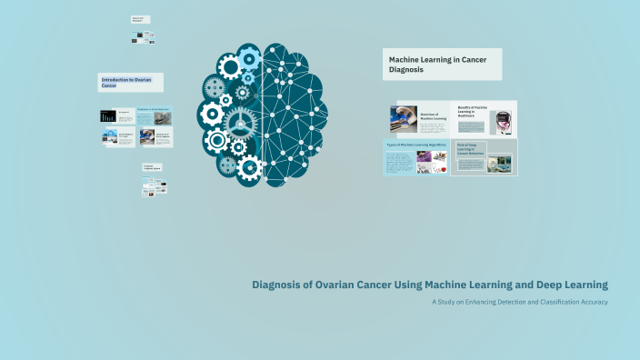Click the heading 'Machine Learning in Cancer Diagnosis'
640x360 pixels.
point(441,65)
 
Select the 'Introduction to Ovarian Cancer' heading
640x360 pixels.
point(130,83)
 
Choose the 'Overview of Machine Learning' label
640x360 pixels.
point(433,116)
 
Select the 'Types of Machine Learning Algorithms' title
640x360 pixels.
point(416,145)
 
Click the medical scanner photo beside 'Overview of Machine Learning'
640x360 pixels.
point(404,119)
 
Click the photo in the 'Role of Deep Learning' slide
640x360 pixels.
point(500,164)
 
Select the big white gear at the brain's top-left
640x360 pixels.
point(230,65)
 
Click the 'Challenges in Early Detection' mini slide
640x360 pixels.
point(153,115)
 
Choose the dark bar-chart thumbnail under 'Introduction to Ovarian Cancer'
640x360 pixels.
point(109,116)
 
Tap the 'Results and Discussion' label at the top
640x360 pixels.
point(140,19)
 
